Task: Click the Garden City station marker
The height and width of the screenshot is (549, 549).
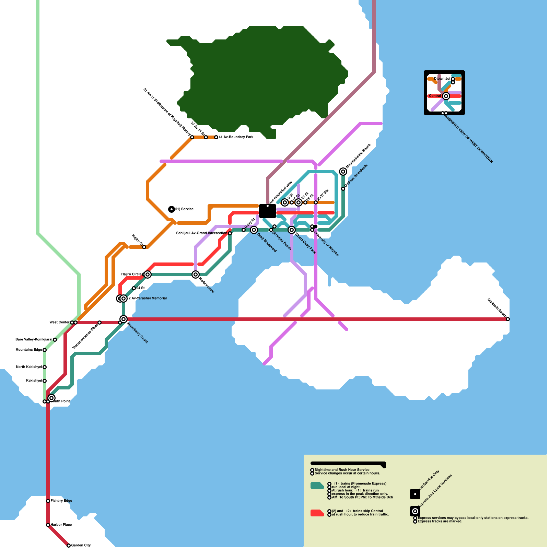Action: pyautogui.click(x=69, y=545)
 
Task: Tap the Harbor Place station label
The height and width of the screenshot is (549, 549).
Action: pyautogui.click(x=61, y=525)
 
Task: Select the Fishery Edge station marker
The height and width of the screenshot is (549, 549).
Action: pyautogui.click(x=48, y=501)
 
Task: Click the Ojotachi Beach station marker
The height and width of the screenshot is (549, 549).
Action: pyautogui.click(x=508, y=319)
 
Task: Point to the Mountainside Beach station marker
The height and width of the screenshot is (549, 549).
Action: pyautogui.click(x=343, y=172)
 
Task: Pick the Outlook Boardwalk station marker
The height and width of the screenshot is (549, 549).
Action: pyautogui.click(x=343, y=189)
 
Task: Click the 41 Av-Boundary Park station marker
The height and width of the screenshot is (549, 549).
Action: pyautogui.click(x=216, y=137)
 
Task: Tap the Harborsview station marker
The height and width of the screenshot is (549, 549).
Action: pyautogui.click(x=196, y=274)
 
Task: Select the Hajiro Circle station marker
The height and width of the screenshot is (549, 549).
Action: pyautogui.click(x=148, y=274)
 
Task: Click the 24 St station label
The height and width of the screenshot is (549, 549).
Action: pyautogui.click(x=140, y=288)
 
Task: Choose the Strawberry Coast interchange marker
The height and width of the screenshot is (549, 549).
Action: pyautogui.click(x=124, y=319)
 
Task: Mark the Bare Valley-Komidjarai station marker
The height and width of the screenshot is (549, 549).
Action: pyautogui.click(x=55, y=340)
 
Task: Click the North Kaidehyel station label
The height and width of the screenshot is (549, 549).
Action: pyautogui.click(x=29, y=367)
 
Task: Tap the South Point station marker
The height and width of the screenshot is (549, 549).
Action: pyautogui.click(x=51, y=398)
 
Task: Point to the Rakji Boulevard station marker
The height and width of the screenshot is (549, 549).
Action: pyautogui.click(x=254, y=230)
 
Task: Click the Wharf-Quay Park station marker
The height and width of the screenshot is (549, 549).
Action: pyautogui.click(x=292, y=230)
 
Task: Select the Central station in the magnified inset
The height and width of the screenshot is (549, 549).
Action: pyautogui.click(x=446, y=96)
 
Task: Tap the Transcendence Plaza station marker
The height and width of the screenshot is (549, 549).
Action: pyautogui.click(x=100, y=323)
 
